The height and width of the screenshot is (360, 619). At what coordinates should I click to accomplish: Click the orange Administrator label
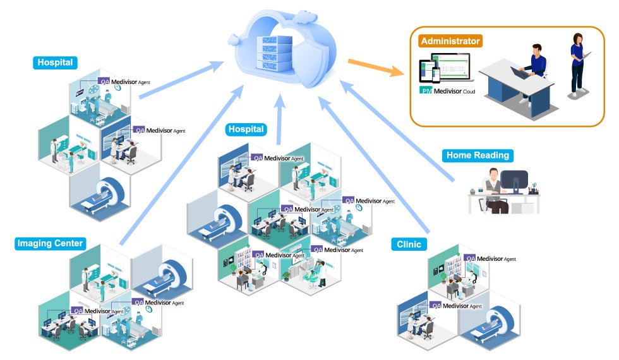pos(450,41)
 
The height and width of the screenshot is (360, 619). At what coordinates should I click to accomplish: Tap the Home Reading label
pos(478,155)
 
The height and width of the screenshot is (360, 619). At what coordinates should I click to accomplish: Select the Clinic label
pos(409,244)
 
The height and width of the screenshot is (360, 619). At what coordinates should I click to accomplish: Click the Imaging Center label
pos(50,243)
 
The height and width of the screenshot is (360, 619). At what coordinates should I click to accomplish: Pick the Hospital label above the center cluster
pos(246,129)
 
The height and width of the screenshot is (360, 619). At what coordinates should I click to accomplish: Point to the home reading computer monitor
pos(515,181)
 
